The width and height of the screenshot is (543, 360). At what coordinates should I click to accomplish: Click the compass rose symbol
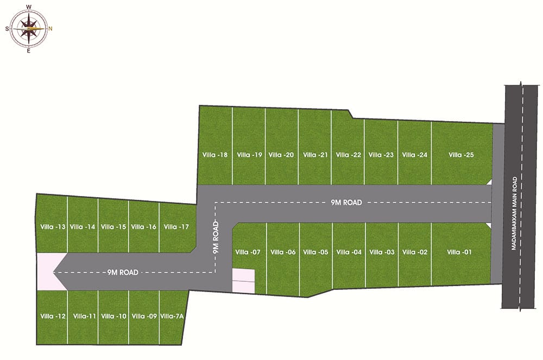tap(29, 28)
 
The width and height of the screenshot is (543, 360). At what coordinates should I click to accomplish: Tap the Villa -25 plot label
tap(462, 155)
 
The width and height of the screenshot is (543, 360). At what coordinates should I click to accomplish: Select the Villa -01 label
tap(460, 252)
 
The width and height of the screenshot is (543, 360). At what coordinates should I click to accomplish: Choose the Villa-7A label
tap(173, 316)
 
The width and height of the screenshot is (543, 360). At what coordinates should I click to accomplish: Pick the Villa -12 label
tap(53, 316)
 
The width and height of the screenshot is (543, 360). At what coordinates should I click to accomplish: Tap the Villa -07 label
tap(248, 252)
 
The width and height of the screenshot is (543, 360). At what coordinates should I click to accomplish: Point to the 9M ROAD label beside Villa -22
tap(346, 203)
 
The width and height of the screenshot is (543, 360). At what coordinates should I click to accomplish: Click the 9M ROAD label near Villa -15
tap(123, 272)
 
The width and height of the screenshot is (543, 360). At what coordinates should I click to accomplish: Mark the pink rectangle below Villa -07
tap(243, 281)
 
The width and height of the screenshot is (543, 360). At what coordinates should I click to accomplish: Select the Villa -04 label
tap(349, 252)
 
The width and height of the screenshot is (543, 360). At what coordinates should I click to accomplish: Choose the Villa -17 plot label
tap(176, 227)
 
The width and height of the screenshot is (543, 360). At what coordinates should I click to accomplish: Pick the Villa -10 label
tap(114, 316)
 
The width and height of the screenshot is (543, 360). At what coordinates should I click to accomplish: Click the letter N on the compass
tap(50, 29)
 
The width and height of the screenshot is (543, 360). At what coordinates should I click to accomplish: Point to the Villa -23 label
tap(381, 155)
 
